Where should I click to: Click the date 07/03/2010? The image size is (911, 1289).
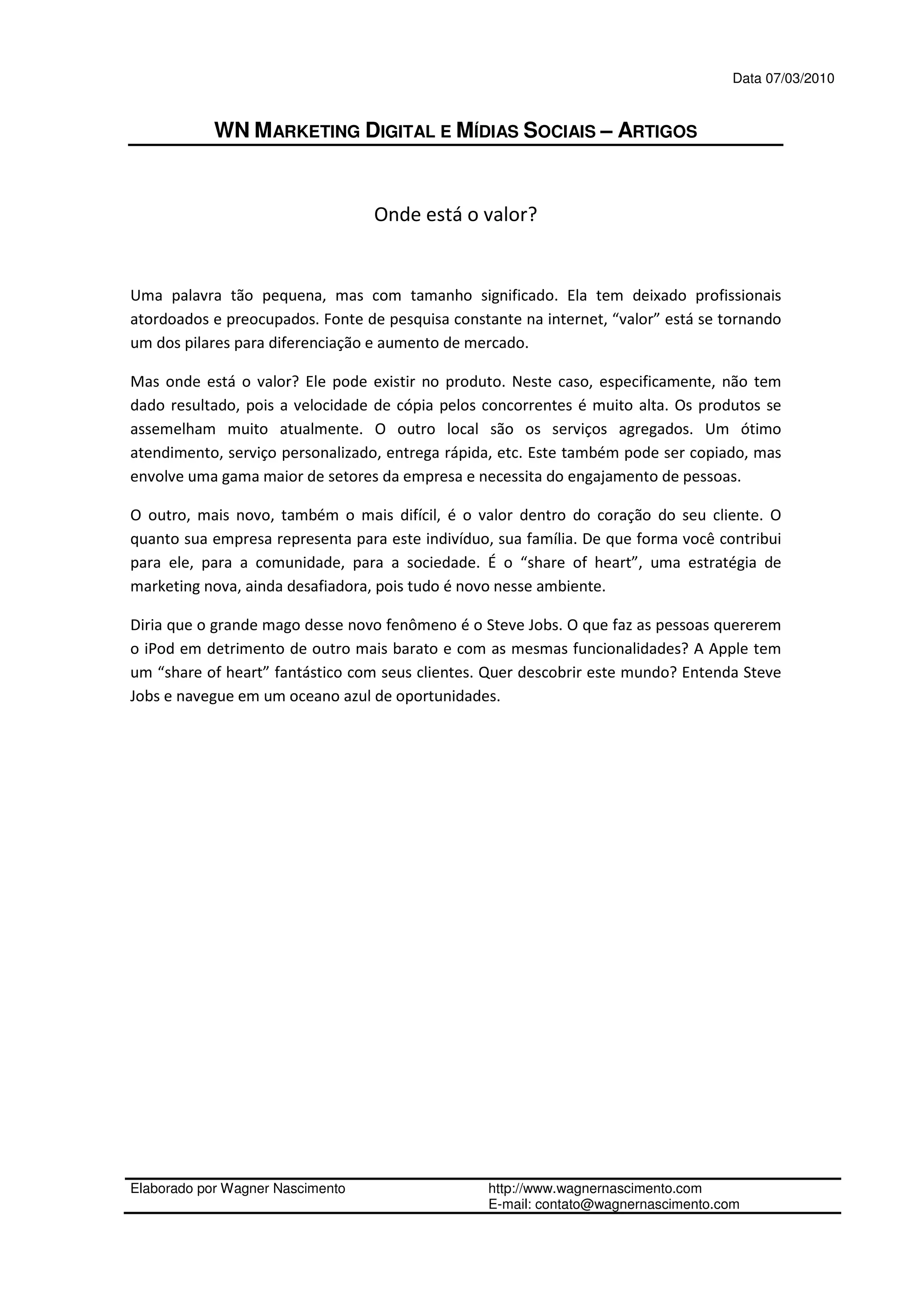click(x=800, y=79)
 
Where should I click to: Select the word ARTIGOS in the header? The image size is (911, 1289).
click(x=657, y=131)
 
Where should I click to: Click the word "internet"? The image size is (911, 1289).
click(x=576, y=319)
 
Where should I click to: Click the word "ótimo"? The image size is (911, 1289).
click(x=761, y=429)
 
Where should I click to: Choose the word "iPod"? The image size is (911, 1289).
click(x=159, y=649)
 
